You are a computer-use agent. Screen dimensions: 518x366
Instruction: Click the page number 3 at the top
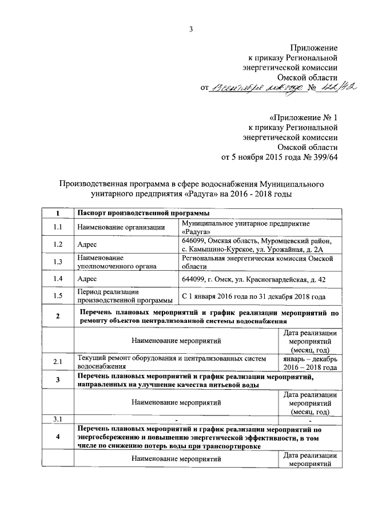click(192, 30)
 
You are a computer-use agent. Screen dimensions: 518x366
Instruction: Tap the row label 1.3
click(58, 262)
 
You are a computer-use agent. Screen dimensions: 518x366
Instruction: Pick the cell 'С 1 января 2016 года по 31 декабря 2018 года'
click(253, 296)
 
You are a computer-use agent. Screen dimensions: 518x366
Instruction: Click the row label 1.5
click(58, 296)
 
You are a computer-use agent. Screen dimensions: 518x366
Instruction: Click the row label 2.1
click(58, 362)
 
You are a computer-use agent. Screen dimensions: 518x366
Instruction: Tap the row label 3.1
click(58, 420)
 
